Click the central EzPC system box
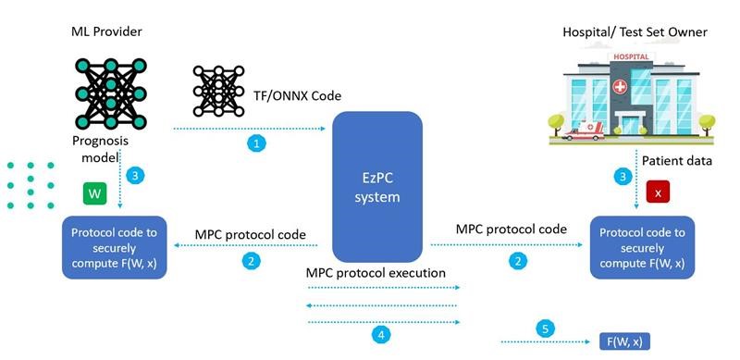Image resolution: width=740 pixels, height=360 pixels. [x=376, y=185]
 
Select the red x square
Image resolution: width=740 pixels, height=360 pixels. [x=658, y=192]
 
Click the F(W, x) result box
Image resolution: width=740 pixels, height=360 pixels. [x=623, y=341]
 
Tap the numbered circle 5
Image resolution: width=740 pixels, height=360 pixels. [x=545, y=329]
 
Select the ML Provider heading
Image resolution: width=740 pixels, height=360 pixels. [x=105, y=32]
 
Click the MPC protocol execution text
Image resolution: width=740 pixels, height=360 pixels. [x=376, y=275]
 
